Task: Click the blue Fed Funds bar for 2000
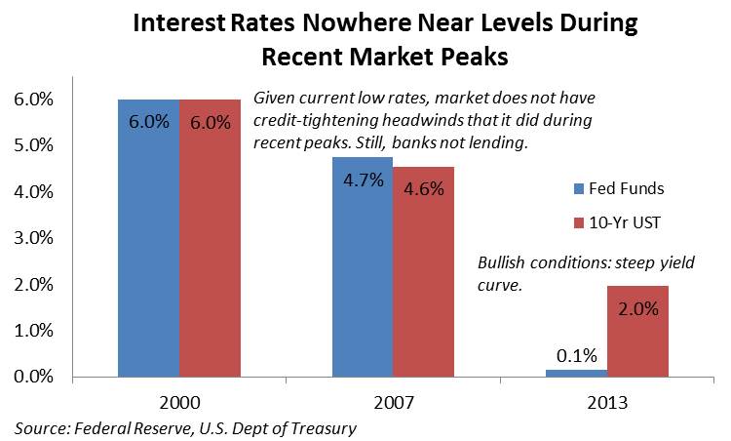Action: tap(149, 238)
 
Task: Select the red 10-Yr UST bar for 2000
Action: tap(211, 238)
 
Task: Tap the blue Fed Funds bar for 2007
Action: tap(363, 267)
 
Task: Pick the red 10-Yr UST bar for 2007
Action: tap(423, 272)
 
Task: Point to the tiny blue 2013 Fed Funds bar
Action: tap(577, 374)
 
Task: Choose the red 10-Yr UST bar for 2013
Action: tap(637, 332)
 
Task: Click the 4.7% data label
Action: tap(364, 180)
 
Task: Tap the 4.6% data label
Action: tap(424, 189)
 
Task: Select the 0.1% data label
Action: tap(577, 356)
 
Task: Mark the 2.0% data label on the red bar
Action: tap(638, 309)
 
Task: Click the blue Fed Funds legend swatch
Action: tap(579, 189)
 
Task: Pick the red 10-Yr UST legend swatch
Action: tap(579, 223)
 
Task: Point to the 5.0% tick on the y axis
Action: tap(33, 145)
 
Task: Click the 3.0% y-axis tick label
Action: tap(33, 238)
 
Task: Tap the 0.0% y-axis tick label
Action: tap(33, 377)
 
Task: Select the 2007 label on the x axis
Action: tap(394, 402)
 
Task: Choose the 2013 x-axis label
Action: tap(607, 402)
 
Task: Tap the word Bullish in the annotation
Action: tap(501, 262)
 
